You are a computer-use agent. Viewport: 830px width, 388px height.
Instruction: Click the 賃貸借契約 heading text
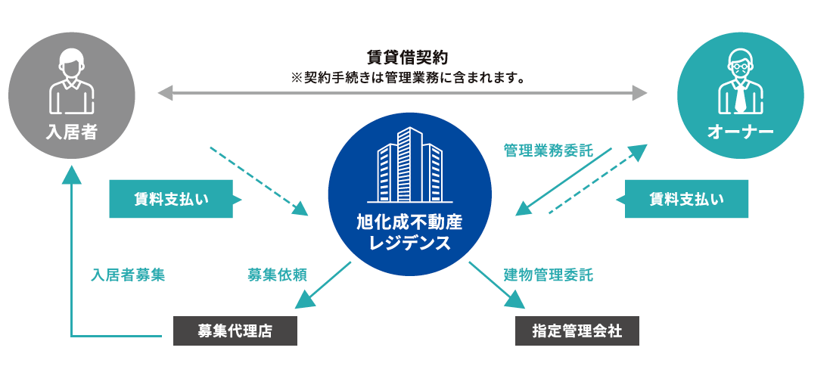pos(407,57)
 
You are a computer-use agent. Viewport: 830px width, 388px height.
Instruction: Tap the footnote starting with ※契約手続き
pos(408,77)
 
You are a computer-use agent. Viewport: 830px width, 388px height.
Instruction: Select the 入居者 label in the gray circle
pos(71,132)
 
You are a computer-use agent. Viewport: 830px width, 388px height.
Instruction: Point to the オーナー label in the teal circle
pos(740,132)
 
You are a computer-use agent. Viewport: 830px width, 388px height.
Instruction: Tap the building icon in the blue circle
pos(409,166)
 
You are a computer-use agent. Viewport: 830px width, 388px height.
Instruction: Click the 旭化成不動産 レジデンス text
pos(409,233)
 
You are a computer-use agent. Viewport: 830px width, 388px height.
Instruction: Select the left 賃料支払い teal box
pos(171,199)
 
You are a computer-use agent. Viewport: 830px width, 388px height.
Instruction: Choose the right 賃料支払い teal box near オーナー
pos(686,199)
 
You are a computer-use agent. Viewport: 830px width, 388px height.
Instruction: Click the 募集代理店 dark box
pos(235,331)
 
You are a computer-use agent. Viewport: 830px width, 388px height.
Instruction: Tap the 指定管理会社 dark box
pos(577,331)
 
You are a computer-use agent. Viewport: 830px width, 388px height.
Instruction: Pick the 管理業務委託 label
pos(549,151)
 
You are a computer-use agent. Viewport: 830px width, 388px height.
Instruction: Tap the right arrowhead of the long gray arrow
pos(640,93)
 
